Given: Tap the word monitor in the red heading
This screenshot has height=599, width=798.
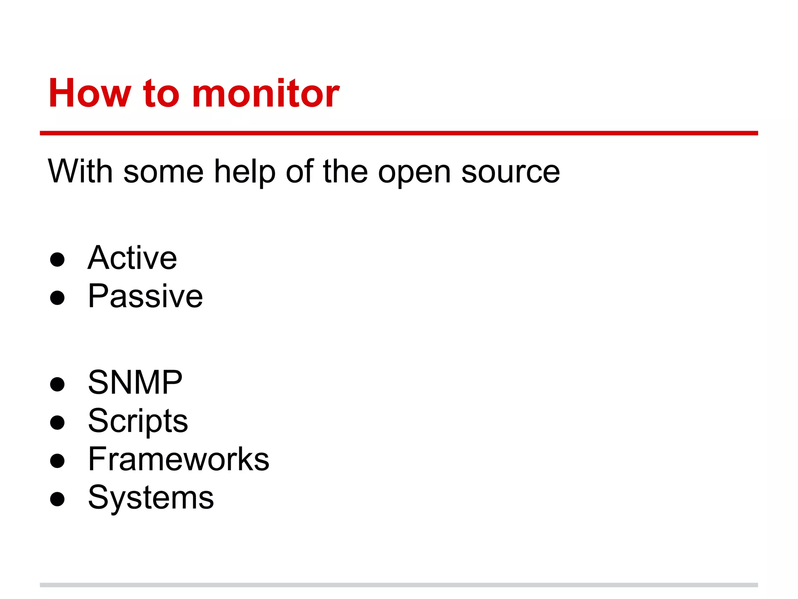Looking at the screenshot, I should point(266,94).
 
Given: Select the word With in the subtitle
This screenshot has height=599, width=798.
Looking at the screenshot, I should point(80,172).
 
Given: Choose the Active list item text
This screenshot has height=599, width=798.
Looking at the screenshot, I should point(132,258).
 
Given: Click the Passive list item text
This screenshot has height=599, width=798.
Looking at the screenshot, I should point(145,296).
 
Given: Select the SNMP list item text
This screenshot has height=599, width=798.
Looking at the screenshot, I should point(135,383).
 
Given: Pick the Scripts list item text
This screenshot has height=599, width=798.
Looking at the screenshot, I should point(138,422).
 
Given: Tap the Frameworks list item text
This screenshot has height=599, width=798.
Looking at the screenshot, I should point(178,459).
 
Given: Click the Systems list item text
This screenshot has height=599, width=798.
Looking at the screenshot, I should point(151,498).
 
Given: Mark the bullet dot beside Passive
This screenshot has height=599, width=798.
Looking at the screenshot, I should point(57,298).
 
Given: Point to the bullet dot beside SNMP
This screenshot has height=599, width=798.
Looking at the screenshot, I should point(57,384).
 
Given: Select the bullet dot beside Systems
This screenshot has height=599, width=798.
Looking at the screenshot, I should point(57,499).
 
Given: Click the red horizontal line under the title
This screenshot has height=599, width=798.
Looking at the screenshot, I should point(399,133).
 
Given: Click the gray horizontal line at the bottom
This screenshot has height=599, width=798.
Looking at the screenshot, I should point(399,585).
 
